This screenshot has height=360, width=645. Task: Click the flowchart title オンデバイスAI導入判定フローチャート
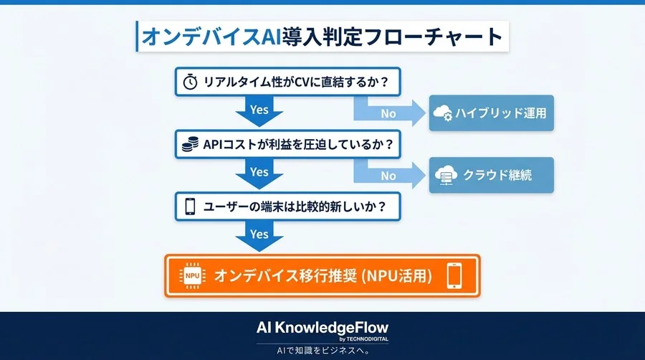coord(322,37)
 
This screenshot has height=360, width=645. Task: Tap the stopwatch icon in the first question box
coord(190,82)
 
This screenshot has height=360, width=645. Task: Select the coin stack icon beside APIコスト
coord(190,144)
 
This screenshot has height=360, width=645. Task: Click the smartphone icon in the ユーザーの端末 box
coord(190,207)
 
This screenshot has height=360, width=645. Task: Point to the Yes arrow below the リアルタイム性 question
coord(259,111)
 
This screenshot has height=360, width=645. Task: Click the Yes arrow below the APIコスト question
coord(259,174)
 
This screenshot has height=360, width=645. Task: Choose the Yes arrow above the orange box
coord(259,236)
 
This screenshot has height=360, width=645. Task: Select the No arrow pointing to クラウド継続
coord(391,175)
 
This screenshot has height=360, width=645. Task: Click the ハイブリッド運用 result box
coord(492,113)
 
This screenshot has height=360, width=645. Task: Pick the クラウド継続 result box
coord(492,175)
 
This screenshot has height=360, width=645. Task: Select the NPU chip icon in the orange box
coord(192,275)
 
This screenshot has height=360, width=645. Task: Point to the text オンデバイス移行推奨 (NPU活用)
coord(322,275)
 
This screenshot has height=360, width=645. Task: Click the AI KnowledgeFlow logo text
coord(322,327)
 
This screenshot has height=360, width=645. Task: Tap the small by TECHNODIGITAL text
coord(366,338)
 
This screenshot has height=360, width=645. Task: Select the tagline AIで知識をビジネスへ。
coord(322,351)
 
